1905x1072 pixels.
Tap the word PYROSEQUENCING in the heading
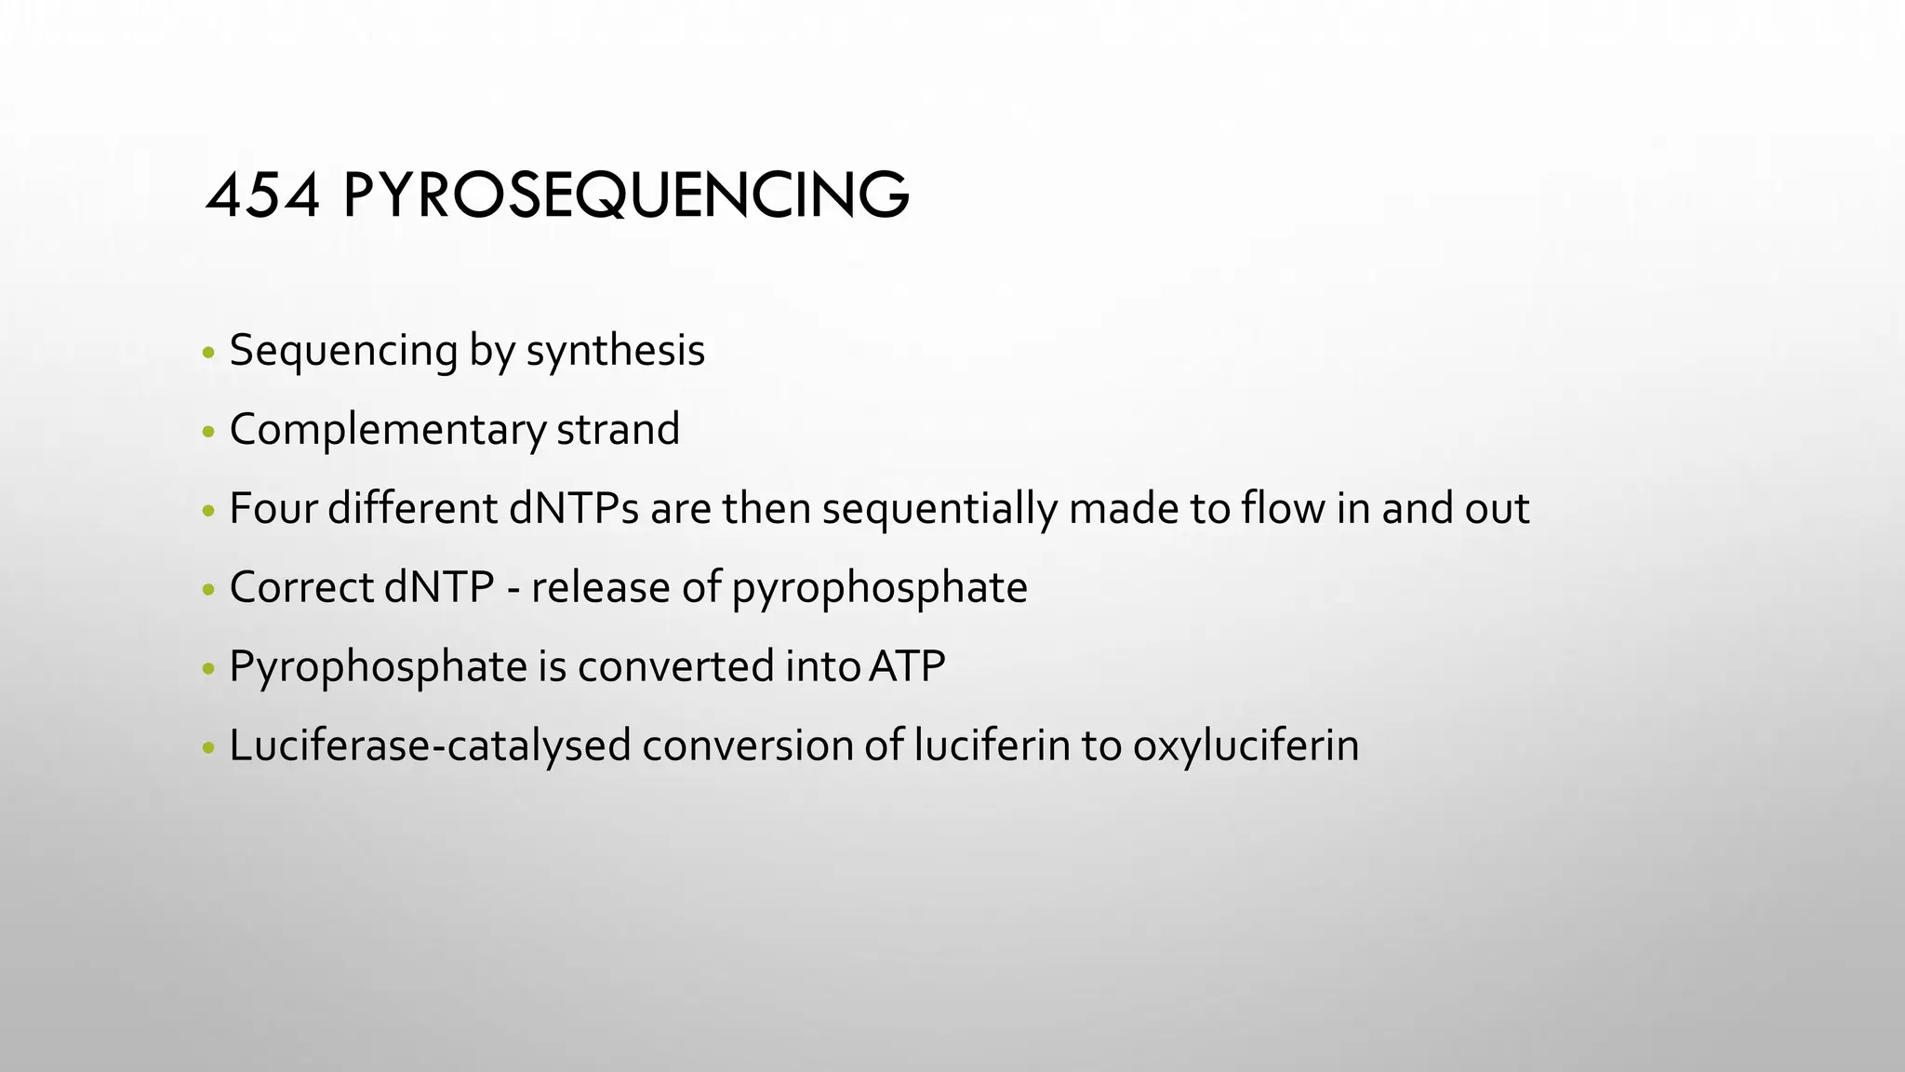(626, 197)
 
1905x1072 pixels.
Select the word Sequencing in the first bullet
(343, 351)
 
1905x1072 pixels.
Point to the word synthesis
(616, 351)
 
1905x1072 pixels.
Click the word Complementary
(387, 430)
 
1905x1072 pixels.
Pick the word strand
(618, 430)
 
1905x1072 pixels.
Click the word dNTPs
(574, 509)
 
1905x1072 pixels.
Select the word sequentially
(939, 509)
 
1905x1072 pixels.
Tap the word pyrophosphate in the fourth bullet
(879, 588)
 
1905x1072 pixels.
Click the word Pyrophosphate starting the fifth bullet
(378, 667)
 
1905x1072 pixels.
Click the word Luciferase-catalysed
(430, 746)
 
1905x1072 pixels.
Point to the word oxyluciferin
(1246, 746)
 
